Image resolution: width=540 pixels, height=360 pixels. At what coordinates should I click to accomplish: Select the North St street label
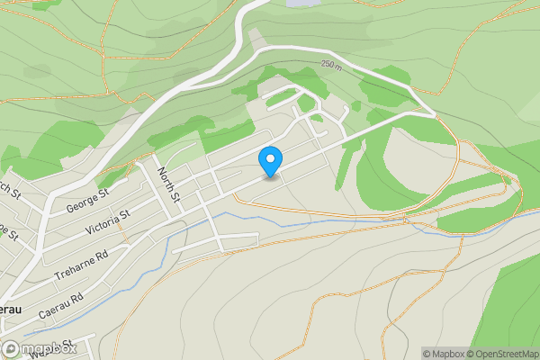click(x=169, y=184)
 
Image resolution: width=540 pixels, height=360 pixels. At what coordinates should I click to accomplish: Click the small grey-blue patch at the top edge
click(x=303, y=3)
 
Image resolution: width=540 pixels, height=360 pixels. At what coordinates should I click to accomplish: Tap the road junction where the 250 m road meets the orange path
click(x=435, y=114)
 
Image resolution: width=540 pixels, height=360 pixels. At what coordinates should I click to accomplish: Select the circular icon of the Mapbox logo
click(x=11, y=349)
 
